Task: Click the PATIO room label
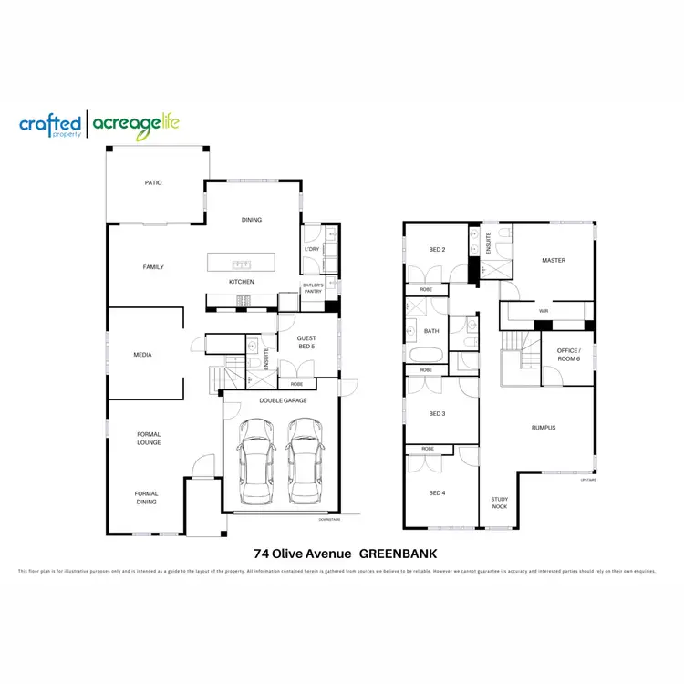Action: (x=153, y=183)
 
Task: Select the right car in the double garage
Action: (x=303, y=461)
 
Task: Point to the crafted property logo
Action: (x=51, y=125)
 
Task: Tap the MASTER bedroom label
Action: (x=554, y=261)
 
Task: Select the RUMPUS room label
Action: (x=544, y=427)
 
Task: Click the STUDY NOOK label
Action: (x=500, y=502)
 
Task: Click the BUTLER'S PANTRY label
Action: (x=313, y=289)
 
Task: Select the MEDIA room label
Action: (x=142, y=355)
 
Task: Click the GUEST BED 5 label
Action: (x=306, y=343)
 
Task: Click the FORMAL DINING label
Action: (x=146, y=497)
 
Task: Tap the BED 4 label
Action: (x=437, y=493)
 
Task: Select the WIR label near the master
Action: (x=544, y=311)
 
